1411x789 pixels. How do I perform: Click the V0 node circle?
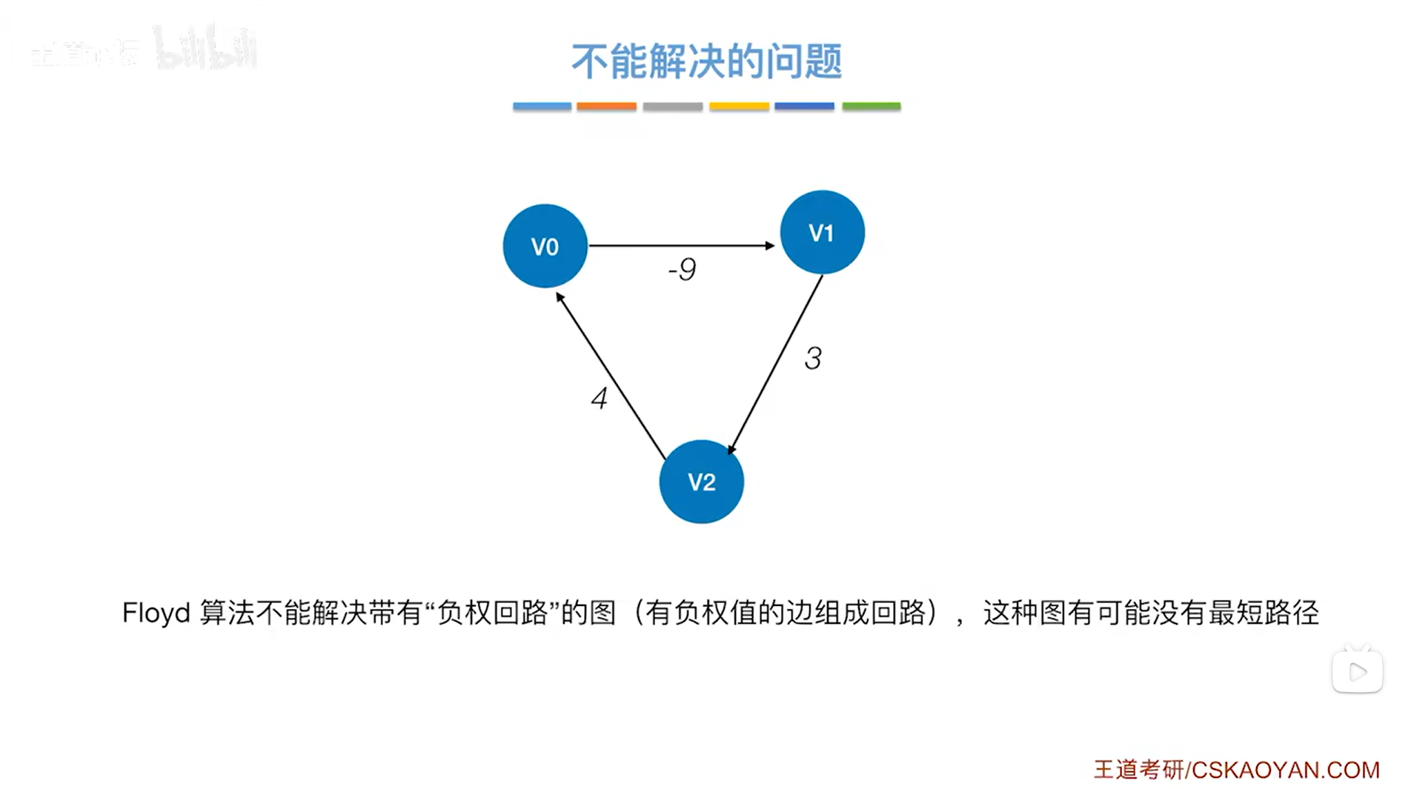point(545,246)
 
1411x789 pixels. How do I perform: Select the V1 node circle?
point(822,232)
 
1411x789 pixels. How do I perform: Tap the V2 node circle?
point(701,482)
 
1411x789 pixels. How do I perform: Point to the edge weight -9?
point(682,269)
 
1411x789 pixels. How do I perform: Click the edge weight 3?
point(813,359)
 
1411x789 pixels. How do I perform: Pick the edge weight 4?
point(599,399)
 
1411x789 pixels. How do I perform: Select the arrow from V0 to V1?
point(681,244)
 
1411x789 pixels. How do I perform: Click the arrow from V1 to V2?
point(776,363)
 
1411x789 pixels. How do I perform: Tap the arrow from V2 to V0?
point(611,375)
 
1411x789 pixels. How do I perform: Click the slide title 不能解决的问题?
point(706,61)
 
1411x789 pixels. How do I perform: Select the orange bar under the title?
point(606,107)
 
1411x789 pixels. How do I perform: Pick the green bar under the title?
point(871,107)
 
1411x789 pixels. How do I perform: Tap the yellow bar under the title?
point(739,107)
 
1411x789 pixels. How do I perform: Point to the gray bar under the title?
point(672,107)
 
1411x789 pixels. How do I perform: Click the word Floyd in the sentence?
point(156,613)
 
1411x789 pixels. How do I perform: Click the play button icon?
point(1357,672)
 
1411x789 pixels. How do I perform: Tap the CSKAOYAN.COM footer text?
point(1285,770)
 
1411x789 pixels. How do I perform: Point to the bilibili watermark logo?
point(205,49)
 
